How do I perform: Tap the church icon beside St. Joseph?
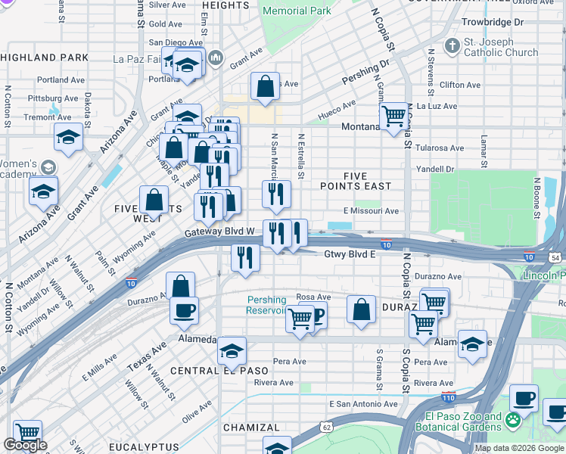point(452,45)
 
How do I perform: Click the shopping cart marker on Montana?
point(393,117)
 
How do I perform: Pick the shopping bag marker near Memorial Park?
point(266,88)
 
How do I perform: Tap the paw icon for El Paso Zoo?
point(514,418)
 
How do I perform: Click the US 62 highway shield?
point(325,426)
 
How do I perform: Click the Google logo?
point(25,445)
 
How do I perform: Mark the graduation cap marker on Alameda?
point(232,351)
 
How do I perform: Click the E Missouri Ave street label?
point(371,211)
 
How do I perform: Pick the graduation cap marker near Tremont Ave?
point(68,138)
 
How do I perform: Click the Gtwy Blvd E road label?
point(350,254)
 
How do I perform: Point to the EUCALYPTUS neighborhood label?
point(144,447)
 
